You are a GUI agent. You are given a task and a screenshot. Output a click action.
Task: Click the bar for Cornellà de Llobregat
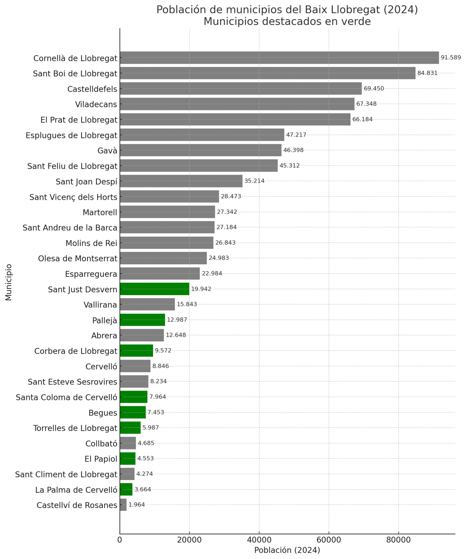[x=279, y=58]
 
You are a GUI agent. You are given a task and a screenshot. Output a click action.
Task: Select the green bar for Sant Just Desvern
[x=154, y=289]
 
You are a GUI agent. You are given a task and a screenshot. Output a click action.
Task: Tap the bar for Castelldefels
[x=241, y=88]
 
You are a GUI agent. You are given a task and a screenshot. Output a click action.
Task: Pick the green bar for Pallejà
[x=142, y=320]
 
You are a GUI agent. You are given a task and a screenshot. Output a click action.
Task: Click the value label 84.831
[x=427, y=73]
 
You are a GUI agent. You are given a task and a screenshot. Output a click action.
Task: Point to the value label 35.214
[x=254, y=181]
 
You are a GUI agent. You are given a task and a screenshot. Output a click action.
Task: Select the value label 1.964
[x=136, y=505]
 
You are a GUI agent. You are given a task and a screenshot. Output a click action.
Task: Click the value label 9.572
[x=163, y=351]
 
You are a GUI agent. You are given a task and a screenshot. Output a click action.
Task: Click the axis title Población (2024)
[x=287, y=550]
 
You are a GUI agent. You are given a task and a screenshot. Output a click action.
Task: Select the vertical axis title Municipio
[x=9, y=282]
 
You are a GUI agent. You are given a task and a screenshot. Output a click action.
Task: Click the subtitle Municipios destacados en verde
[x=287, y=21]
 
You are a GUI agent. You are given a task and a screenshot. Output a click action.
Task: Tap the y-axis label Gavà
[x=107, y=151]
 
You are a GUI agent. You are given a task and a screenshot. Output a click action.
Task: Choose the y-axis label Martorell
[x=100, y=212]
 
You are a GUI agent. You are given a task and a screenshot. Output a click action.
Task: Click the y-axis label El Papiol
[x=101, y=459]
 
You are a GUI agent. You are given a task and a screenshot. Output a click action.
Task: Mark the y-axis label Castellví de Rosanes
[x=77, y=505]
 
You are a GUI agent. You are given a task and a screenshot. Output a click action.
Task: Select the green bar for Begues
[x=133, y=412]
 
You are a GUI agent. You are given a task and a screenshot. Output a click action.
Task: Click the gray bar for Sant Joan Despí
[x=181, y=181]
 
